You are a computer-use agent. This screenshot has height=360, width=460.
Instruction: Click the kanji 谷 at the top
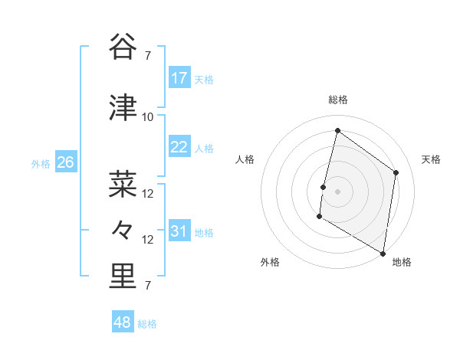(123, 48)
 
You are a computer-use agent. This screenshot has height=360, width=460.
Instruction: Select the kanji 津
(123, 110)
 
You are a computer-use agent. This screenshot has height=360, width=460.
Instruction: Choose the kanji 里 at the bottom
(123, 277)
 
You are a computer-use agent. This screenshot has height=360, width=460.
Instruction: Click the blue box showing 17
(179, 78)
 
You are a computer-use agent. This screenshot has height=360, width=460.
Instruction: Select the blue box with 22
(179, 147)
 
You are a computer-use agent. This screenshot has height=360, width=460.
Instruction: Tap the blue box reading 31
(179, 231)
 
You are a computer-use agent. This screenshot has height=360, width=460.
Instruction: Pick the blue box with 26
(66, 162)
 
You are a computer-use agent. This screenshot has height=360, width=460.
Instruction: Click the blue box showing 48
(123, 322)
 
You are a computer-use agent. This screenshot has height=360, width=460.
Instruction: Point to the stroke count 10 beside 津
(147, 117)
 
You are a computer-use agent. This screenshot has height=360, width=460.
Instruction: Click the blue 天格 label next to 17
(203, 80)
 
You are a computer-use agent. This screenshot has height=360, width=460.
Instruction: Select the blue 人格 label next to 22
(203, 149)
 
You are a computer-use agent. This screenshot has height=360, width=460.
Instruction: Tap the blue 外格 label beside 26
(41, 164)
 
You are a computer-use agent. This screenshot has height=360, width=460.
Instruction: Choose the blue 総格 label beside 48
(147, 324)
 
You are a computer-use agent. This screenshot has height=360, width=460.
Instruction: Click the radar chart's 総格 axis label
(337, 100)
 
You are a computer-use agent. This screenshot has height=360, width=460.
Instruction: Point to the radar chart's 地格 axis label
(402, 262)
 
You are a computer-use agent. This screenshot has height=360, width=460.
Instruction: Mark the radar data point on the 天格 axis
(396, 172)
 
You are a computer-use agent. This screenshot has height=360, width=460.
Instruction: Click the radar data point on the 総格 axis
(337, 130)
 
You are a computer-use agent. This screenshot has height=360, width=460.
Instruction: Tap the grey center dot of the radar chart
(337, 191)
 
